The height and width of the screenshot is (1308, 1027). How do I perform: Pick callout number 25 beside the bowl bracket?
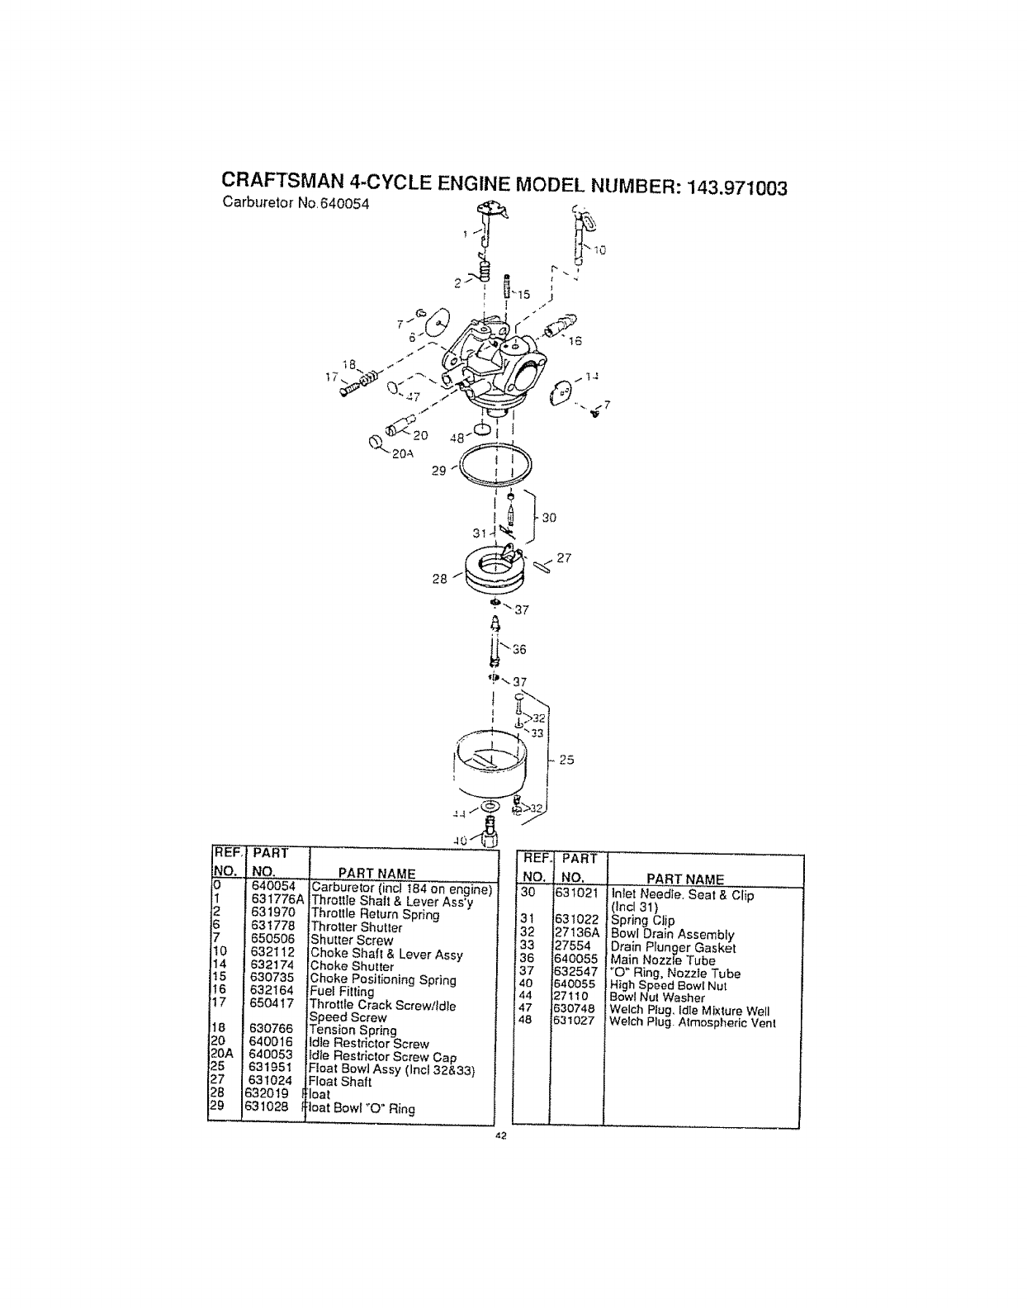pos(566,760)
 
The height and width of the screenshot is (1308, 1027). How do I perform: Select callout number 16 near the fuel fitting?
pos(575,339)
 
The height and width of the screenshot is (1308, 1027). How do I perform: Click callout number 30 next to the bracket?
pos(549,518)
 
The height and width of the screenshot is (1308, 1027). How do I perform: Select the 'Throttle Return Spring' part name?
pos(375,914)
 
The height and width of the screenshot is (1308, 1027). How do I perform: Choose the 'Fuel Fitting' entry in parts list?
pos(342,992)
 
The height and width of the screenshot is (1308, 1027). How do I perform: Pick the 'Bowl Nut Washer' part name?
pos(657,998)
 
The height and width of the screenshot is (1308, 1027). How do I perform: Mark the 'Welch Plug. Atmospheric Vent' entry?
pos(693,1022)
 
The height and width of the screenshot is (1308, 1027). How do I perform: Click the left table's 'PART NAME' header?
pos(377,874)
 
